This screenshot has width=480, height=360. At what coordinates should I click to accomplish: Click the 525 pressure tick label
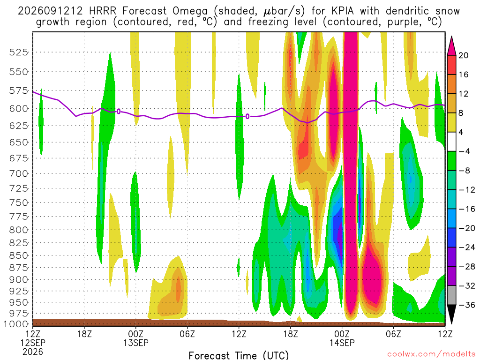tap(18, 52)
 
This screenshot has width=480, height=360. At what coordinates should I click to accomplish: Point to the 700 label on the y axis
tap(18, 173)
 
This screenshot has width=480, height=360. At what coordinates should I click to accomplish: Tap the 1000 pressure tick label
tap(16, 324)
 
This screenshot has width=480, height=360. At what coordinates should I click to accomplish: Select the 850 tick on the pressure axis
tap(18, 255)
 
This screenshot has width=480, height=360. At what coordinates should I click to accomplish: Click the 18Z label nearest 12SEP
tap(84, 334)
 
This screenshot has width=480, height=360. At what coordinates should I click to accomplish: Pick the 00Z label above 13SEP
tap(135, 334)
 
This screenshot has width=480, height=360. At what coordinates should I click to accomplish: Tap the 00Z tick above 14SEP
tap(342, 334)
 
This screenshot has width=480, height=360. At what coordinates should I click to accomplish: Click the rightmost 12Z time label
tap(445, 334)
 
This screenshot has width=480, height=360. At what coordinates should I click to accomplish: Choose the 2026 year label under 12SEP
tap(33, 352)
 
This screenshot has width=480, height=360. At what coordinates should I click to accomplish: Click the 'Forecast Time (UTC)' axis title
tap(239, 355)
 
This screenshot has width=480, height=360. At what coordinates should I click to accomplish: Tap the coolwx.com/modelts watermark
tap(431, 354)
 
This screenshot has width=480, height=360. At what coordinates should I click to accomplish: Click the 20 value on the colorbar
tap(463, 55)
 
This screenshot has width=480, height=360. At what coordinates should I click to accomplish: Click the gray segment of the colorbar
tap(451, 295)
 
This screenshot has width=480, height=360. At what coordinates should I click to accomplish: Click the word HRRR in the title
tap(103, 11)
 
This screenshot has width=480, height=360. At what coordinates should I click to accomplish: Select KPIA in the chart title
tap(340, 11)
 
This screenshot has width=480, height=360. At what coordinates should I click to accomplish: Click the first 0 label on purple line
tap(119, 112)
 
